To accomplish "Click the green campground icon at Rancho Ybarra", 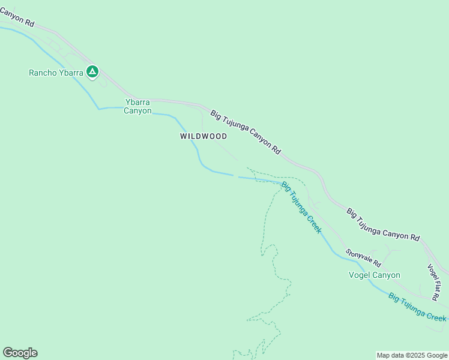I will tap(92, 72).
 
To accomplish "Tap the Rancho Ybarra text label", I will tap(56, 73).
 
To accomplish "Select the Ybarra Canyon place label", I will tap(137, 106).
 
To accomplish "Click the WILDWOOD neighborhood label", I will tap(203, 136).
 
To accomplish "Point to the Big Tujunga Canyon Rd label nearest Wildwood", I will tap(246, 133).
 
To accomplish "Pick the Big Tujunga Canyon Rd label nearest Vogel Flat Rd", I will tap(383, 224).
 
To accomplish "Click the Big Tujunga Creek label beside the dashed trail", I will tap(301, 207).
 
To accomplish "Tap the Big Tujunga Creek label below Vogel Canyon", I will tap(417, 307).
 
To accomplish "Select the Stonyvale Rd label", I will tap(363, 259).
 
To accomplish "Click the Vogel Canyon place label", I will tap(374, 275).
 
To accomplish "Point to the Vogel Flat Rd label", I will tap(436, 282).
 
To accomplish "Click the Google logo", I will tap(20, 353).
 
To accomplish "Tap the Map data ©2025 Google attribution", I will tap(412, 355).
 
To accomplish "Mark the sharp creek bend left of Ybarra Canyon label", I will tap(99, 109).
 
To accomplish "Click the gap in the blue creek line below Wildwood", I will tap(236, 176).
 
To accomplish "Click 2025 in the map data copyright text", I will tap(415, 355).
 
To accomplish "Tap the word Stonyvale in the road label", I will tap(358, 255).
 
